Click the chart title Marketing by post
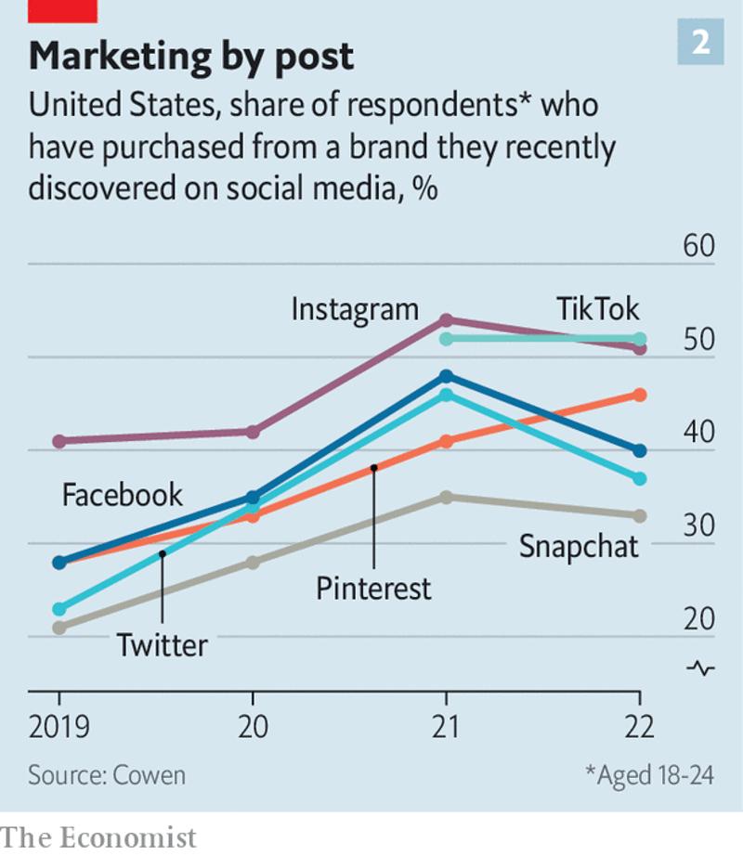[x=190, y=57]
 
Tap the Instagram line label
[x=355, y=308]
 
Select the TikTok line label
[x=598, y=308]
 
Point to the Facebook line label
[x=122, y=495]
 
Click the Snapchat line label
[x=579, y=546]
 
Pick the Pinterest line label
[x=373, y=588]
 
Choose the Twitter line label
[x=162, y=644]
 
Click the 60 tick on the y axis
[x=698, y=248]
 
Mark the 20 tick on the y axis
[x=698, y=620]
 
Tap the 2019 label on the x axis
[x=59, y=725]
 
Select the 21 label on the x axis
[x=447, y=725]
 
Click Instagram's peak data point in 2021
[x=447, y=320]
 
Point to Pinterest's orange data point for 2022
[x=640, y=395]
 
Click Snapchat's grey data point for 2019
[x=59, y=628]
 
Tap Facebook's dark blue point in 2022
[x=640, y=450]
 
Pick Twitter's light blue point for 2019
[x=59, y=609]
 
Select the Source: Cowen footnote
[x=106, y=774]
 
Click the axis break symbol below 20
[x=701, y=668]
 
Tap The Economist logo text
[x=99, y=837]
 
